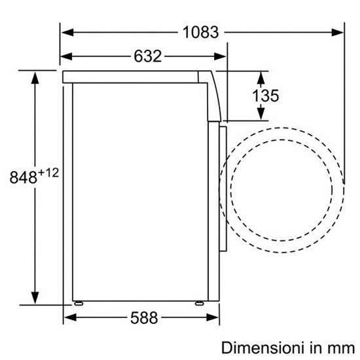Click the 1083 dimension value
tap(201, 32)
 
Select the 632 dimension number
tap(148, 56)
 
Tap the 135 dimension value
tap(266, 96)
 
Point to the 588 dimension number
tap(144, 317)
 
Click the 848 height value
tap(23, 177)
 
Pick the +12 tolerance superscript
tap(48, 173)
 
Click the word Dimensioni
tap(264, 348)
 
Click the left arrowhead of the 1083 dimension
tap(67, 32)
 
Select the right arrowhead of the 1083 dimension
tap(338, 32)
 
